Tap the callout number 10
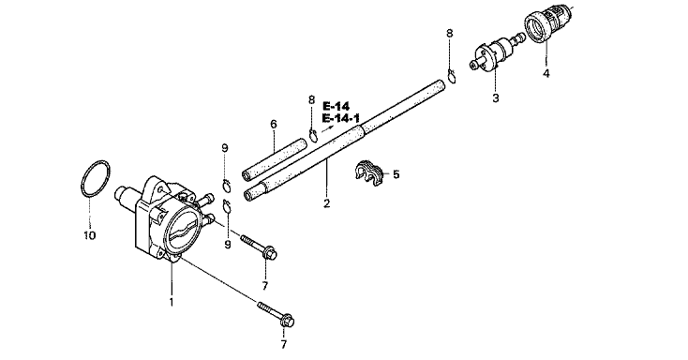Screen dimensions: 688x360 (x=89, y=235)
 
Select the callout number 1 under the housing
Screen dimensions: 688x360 (x=172, y=303)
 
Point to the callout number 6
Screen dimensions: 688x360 (x=274, y=125)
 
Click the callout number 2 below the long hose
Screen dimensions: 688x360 (x=326, y=203)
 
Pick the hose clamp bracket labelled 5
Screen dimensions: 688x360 (x=368, y=173)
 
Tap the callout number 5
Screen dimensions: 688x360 (x=396, y=174)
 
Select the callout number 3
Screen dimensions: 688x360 (x=496, y=97)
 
